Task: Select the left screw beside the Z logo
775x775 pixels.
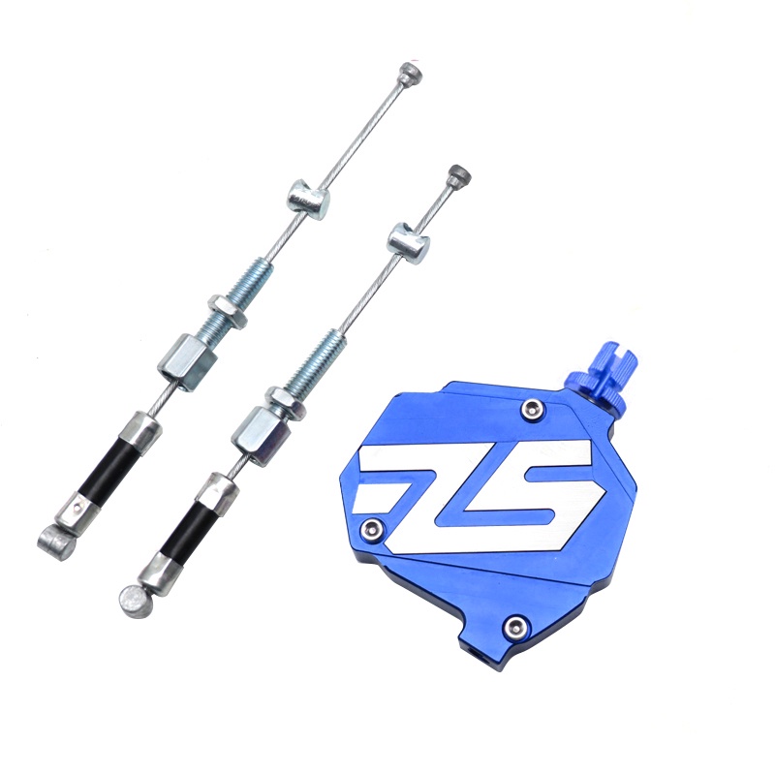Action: (x=374, y=529)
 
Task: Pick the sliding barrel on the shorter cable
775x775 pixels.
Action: (x=409, y=240)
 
